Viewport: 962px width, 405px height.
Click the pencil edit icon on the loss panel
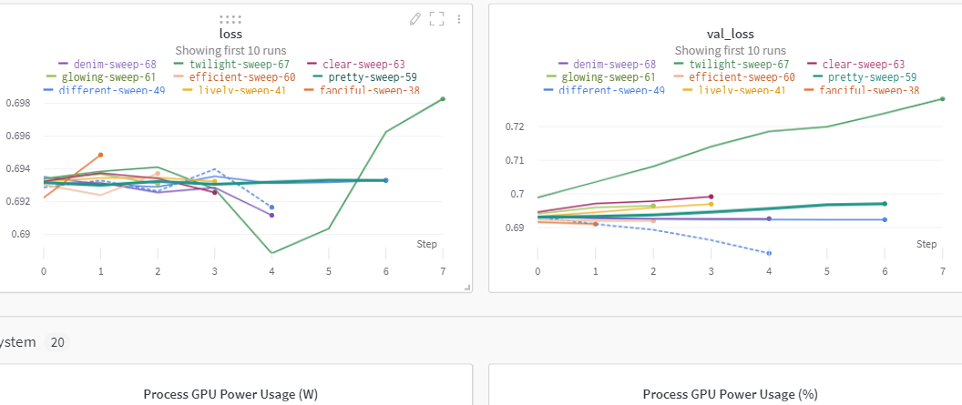(415, 18)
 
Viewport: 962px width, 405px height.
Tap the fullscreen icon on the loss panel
(436, 18)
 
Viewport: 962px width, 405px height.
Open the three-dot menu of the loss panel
(458, 18)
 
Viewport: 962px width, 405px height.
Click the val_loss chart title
(726, 35)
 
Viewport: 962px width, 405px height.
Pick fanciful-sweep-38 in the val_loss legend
(869, 91)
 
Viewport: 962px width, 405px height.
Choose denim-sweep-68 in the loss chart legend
(110, 65)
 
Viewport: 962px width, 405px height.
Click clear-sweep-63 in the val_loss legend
(863, 65)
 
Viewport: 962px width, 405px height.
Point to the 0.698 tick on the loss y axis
(17, 103)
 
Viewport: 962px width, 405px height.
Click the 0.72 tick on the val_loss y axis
(517, 127)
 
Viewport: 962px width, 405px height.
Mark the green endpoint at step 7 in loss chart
(443, 98)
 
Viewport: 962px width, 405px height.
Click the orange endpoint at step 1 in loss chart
(100, 155)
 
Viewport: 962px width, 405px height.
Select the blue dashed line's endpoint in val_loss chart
(769, 253)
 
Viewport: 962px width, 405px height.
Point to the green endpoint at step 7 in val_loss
(942, 98)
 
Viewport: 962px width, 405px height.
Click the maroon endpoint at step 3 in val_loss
(711, 197)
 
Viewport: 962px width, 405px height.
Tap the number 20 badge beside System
(57, 342)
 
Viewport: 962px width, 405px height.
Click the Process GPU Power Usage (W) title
(230, 394)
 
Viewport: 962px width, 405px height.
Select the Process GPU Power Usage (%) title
(730, 394)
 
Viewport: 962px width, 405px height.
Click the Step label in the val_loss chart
(926, 244)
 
